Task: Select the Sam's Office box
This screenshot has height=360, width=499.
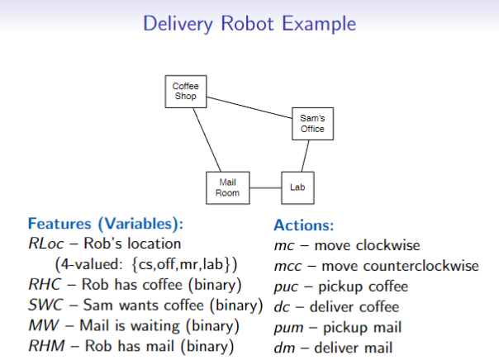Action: [x=312, y=124]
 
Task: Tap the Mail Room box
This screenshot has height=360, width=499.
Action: [x=228, y=187]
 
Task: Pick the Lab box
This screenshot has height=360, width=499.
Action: [x=297, y=187]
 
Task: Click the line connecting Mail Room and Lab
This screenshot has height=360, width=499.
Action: [x=264, y=187]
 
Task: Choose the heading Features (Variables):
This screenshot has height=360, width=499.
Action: [x=105, y=224]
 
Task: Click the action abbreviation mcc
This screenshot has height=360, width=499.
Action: [x=286, y=266]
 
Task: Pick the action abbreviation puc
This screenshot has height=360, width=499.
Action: [x=285, y=287]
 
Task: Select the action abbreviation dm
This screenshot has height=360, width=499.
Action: [x=282, y=348]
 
